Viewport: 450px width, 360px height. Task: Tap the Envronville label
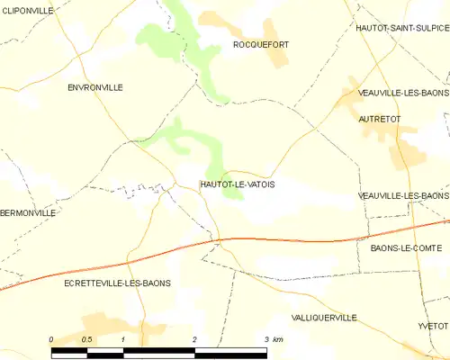pyautogui.click(x=95, y=87)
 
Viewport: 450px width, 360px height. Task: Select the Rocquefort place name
pyautogui.click(x=260, y=44)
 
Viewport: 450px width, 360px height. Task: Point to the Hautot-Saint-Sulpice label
pyautogui.click(x=401, y=29)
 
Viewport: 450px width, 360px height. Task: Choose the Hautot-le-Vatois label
pyautogui.click(x=237, y=184)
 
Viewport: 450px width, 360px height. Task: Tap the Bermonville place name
pyautogui.click(x=28, y=213)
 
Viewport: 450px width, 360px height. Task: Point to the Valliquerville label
pyautogui.click(x=324, y=318)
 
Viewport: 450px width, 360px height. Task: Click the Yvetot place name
pyautogui.click(x=433, y=325)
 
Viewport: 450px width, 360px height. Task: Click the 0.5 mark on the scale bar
pyautogui.click(x=86, y=339)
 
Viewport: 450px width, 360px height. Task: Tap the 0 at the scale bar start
pyautogui.click(x=52, y=339)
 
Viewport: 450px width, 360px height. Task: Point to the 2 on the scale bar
pyautogui.click(x=194, y=339)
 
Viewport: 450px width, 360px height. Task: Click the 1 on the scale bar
pyautogui.click(x=122, y=339)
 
